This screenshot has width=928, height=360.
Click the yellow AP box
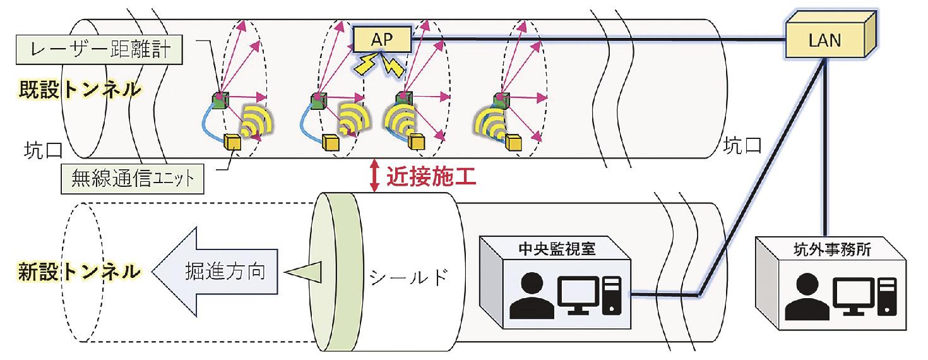click(x=381, y=39)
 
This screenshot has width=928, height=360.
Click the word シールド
click(x=411, y=276)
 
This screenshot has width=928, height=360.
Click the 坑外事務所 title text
click(x=833, y=250)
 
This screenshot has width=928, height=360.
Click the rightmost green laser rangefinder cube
click(x=502, y=100)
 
